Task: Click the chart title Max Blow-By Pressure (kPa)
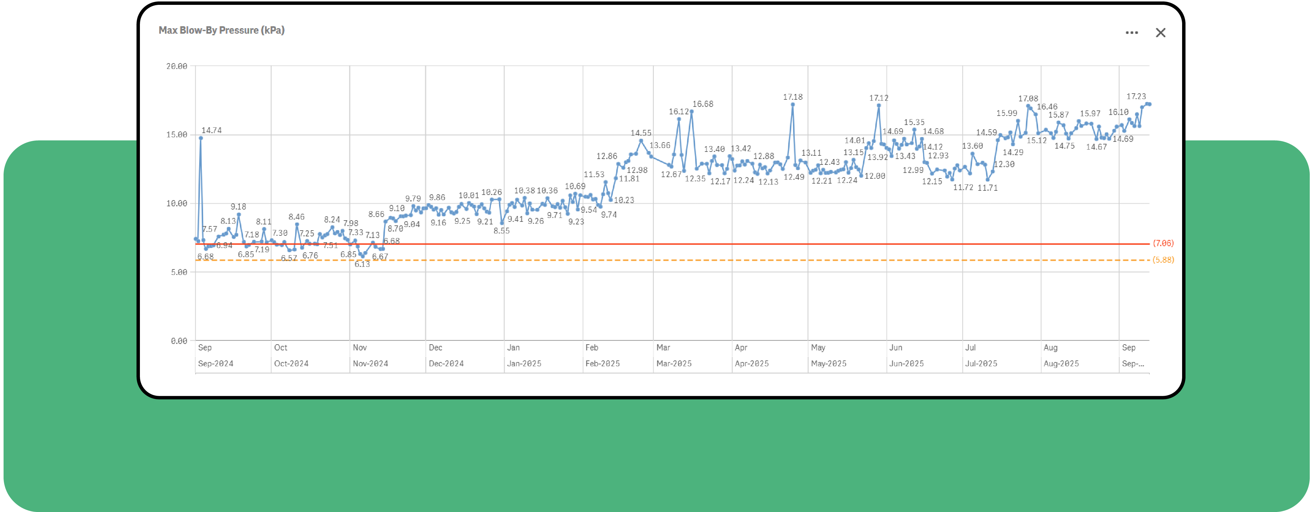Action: (x=222, y=30)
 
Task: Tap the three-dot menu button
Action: (x=1131, y=33)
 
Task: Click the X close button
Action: (x=1160, y=33)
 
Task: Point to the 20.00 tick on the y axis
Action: (x=177, y=66)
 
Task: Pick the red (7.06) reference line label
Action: (x=1163, y=243)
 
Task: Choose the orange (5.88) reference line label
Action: (x=1163, y=260)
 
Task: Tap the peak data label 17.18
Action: (x=792, y=97)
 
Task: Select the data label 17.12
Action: (x=878, y=98)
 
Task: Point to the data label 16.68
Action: (x=703, y=104)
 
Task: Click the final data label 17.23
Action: (x=1136, y=96)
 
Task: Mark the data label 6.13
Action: (x=362, y=264)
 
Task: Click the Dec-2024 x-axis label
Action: (x=446, y=363)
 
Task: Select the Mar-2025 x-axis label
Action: (x=674, y=363)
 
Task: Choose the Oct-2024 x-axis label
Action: (x=291, y=363)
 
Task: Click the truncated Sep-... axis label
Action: (x=1133, y=363)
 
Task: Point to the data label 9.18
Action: (x=238, y=207)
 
